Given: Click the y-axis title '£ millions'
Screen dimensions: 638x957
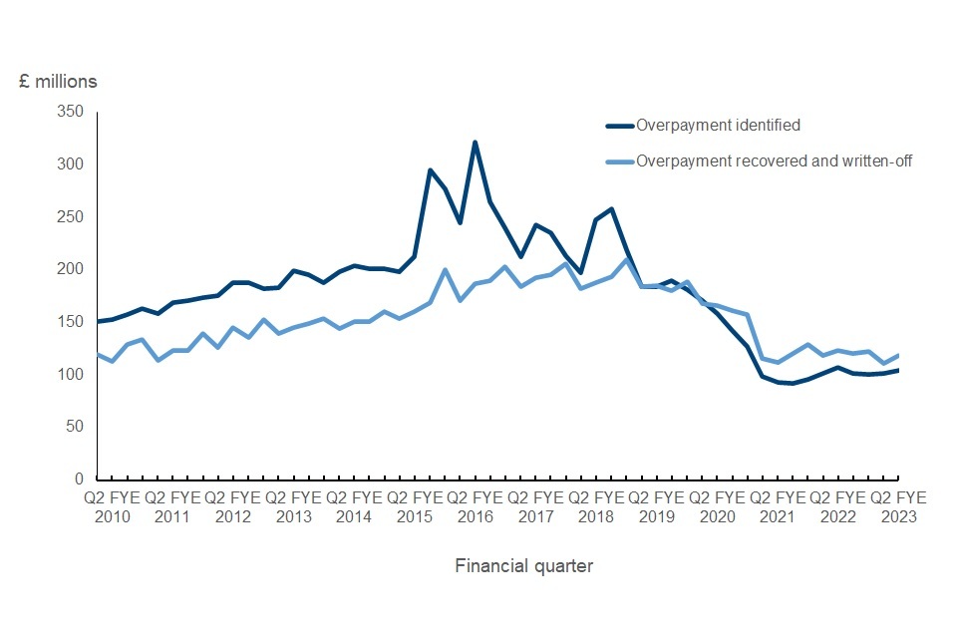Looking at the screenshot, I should pos(58,81).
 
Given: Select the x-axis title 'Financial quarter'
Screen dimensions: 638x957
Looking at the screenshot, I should pos(523,566).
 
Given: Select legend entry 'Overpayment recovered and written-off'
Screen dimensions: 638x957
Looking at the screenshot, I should pos(775,160).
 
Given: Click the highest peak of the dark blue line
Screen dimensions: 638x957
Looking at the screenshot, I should pos(476,142).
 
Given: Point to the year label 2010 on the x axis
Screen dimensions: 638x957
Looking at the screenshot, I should pos(112,516).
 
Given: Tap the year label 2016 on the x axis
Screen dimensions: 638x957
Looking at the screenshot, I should pos(475,516).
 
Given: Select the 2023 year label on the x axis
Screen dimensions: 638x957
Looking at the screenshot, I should pos(898,516).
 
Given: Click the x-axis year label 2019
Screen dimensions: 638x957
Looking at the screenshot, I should pos(656,516).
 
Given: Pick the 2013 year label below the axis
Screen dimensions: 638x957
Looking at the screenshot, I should pos(293,516).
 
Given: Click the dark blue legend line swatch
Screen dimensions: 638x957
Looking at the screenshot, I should pos(620,127).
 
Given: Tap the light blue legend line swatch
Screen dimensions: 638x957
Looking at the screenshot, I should pos(620,161).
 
